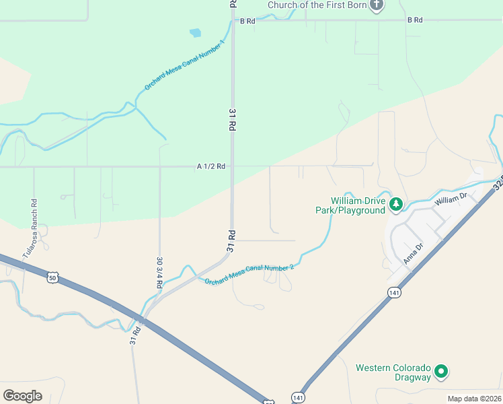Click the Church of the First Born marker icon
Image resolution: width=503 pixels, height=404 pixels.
(x=377, y=5)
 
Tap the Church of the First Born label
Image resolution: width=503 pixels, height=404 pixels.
(x=317, y=5)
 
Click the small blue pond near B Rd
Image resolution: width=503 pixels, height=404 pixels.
(x=196, y=32)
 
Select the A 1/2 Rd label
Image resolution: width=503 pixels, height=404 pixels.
(x=210, y=166)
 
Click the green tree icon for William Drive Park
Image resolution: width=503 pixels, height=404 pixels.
(x=397, y=203)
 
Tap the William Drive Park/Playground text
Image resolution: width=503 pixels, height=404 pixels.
(x=350, y=205)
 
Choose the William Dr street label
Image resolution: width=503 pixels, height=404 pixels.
(x=451, y=199)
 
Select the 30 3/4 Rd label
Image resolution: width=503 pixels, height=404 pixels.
(x=159, y=273)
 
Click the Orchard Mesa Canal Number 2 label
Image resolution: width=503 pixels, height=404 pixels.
(x=249, y=275)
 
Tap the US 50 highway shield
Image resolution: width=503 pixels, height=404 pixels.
(x=52, y=276)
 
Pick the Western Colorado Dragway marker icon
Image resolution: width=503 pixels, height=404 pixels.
(x=441, y=371)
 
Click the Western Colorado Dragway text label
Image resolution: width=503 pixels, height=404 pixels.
(x=393, y=372)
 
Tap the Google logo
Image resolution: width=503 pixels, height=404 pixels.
(x=22, y=396)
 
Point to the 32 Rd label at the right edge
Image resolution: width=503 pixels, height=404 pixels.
(x=498, y=184)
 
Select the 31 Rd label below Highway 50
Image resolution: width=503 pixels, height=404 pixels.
(x=135, y=335)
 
